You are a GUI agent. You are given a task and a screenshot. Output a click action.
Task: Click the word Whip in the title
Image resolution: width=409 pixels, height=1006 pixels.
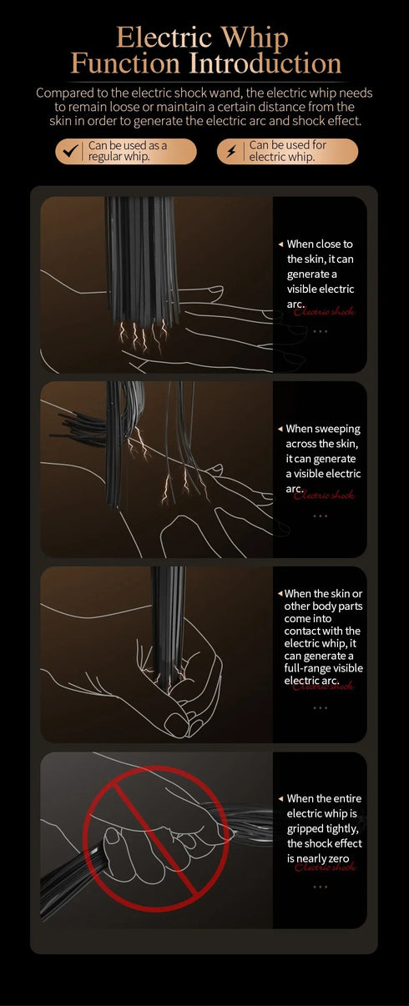tap(253, 38)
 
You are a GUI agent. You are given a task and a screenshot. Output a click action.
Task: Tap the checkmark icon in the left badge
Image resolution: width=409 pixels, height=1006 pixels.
tap(71, 151)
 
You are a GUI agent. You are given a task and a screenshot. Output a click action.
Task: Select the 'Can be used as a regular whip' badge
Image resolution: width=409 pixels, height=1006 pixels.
tap(126, 151)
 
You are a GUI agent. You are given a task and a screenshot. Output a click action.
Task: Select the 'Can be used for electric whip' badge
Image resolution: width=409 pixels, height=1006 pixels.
tap(287, 151)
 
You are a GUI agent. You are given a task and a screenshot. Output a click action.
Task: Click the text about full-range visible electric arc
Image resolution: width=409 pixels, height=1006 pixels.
tap(322, 637)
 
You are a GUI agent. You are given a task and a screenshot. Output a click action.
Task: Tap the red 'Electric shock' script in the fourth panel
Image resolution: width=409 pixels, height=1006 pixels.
tap(325, 867)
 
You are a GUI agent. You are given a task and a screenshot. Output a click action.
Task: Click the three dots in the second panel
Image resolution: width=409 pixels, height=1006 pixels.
tap(320, 516)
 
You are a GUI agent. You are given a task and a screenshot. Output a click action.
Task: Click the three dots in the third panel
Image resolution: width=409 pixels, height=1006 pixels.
tap(320, 707)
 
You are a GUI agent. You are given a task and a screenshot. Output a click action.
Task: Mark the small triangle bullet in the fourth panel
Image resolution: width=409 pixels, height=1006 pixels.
tap(280, 799)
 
